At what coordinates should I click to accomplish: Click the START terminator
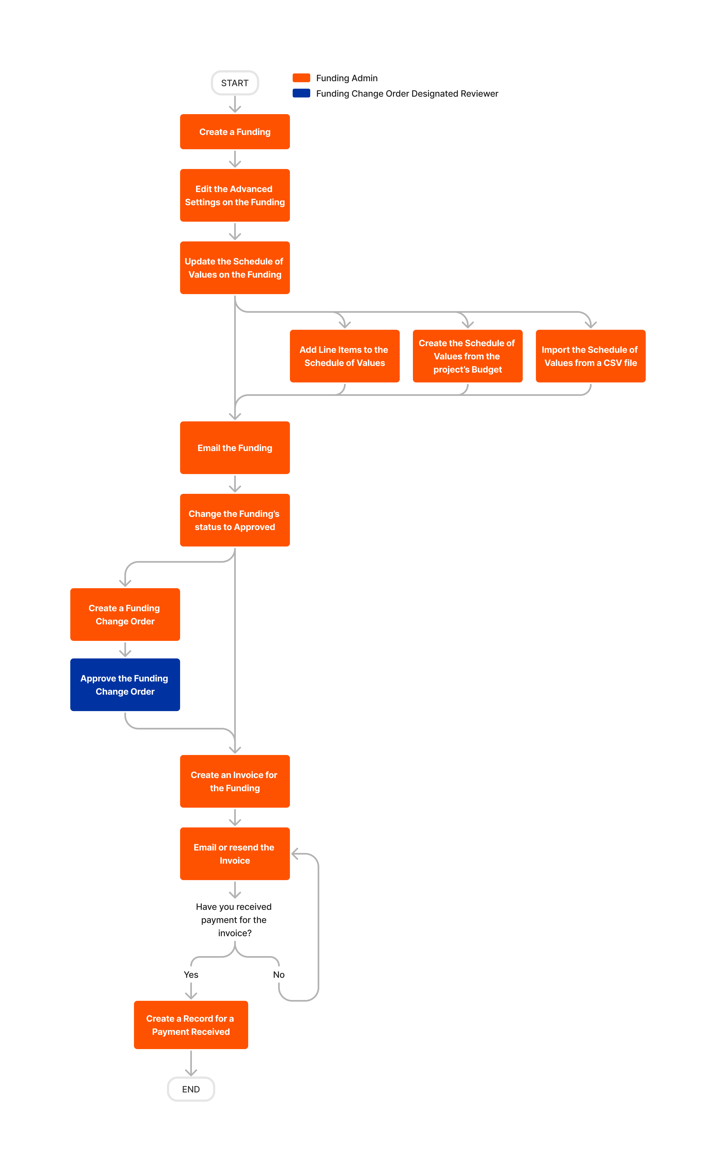pyautogui.click(x=235, y=83)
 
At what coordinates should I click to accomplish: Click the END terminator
pyautogui.click(x=191, y=1089)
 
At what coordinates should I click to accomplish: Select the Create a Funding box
pyautogui.click(x=235, y=132)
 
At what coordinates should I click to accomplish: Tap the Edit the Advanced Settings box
pyautogui.click(x=235, y=196)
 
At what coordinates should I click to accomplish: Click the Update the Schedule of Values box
pyautogui.click(x=235, y=268)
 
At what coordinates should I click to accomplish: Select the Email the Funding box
pyautogui.click(x=235, y=447)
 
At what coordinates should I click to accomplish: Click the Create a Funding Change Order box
pyautogui.click(x=125, y=615)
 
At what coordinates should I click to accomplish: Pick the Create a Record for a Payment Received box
pyautogui.click(x=191, y=1025)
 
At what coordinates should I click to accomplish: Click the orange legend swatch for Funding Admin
pyautogui.click(x=301, y=78)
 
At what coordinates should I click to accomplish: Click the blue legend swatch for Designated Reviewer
pyautogui.click(x=301, y=93)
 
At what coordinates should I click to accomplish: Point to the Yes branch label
pyautogui.click(x=191, y=974)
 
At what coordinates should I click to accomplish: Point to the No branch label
pyautogui.click(x=278, y=974)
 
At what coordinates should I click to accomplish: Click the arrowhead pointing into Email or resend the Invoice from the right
pyautogui.click(x=295, y=854)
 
